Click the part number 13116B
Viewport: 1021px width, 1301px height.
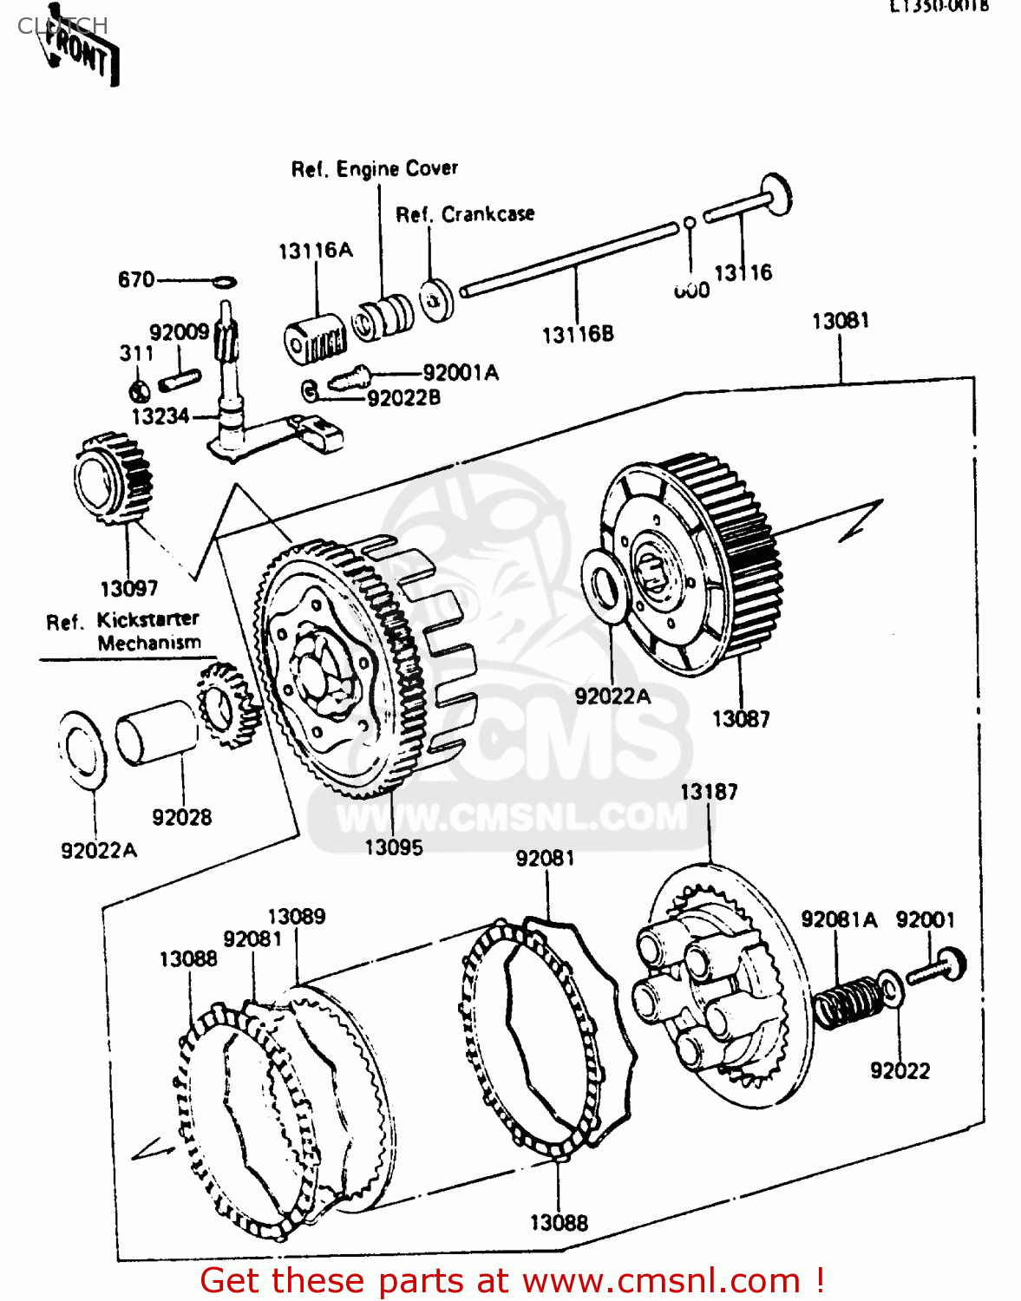coord(578,334)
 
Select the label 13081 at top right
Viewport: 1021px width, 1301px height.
coord(840,321)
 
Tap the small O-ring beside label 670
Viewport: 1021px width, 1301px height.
coord(225,281)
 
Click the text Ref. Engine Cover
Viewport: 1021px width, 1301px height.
coord(374,169)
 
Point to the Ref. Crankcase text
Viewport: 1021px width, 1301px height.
coord(465,214)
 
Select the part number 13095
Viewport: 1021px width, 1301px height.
coord(394,847)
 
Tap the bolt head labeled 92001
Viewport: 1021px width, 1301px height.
coord(952,963)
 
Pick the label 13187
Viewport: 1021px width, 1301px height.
coord(709,792)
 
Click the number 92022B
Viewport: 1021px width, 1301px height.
coord(403,398)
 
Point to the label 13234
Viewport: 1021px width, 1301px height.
coord(160,416)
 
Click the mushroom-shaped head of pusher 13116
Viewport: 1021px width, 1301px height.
coord(776,193)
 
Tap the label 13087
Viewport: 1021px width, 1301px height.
coord(740,719)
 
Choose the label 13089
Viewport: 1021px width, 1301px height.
coord(296,917)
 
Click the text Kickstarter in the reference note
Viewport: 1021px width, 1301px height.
coord(147,619)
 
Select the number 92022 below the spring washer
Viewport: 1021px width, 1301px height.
coord(900,1071)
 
